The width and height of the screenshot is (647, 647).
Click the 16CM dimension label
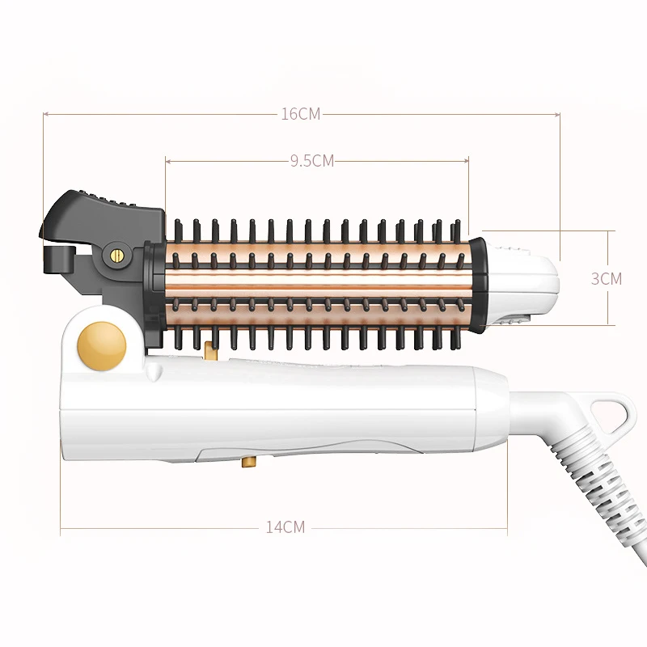point(301,114)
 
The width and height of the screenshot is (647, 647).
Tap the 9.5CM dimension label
point(312,160)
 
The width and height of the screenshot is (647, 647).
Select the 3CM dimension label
point(606,279)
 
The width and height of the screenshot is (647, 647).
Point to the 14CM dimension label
point(285,527)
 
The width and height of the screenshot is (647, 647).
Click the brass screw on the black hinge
point(118,256)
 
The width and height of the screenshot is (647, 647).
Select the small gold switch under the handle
point(248,462)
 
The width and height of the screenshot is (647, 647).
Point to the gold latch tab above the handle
point(210,349)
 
